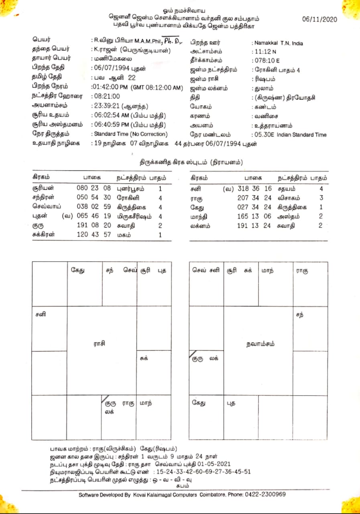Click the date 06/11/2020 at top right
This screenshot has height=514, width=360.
(x=319, y=19)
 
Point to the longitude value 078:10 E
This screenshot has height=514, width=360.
(x=265, y=61)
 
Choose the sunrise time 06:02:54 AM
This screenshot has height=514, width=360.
(x=110, y=116)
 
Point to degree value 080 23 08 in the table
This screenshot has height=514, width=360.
(x=94, y=188)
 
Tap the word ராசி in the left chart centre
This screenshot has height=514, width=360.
(x=99, y=344)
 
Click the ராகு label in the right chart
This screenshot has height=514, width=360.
(x=302, y=271)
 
